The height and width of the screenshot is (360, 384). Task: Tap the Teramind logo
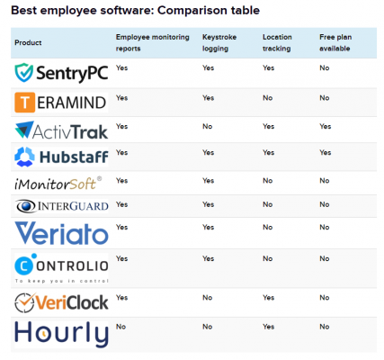[60, 102]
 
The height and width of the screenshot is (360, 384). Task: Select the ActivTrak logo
[60, 130]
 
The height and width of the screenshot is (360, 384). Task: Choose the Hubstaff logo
[60, 157]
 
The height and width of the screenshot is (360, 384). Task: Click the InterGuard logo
[60, 206]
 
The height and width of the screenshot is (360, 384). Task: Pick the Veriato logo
[60, 233]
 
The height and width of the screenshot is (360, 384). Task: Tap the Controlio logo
[60, 267]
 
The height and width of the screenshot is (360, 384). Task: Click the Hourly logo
[60, 333]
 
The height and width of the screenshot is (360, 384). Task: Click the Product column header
[29, 42]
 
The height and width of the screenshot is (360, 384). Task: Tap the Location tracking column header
[276, 42]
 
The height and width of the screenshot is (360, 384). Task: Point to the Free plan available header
[338, 42]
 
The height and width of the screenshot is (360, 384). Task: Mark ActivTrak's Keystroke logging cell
[207, 126]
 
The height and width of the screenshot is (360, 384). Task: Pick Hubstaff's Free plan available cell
[325, 153]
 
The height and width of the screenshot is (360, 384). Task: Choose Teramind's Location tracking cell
[266, 97]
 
